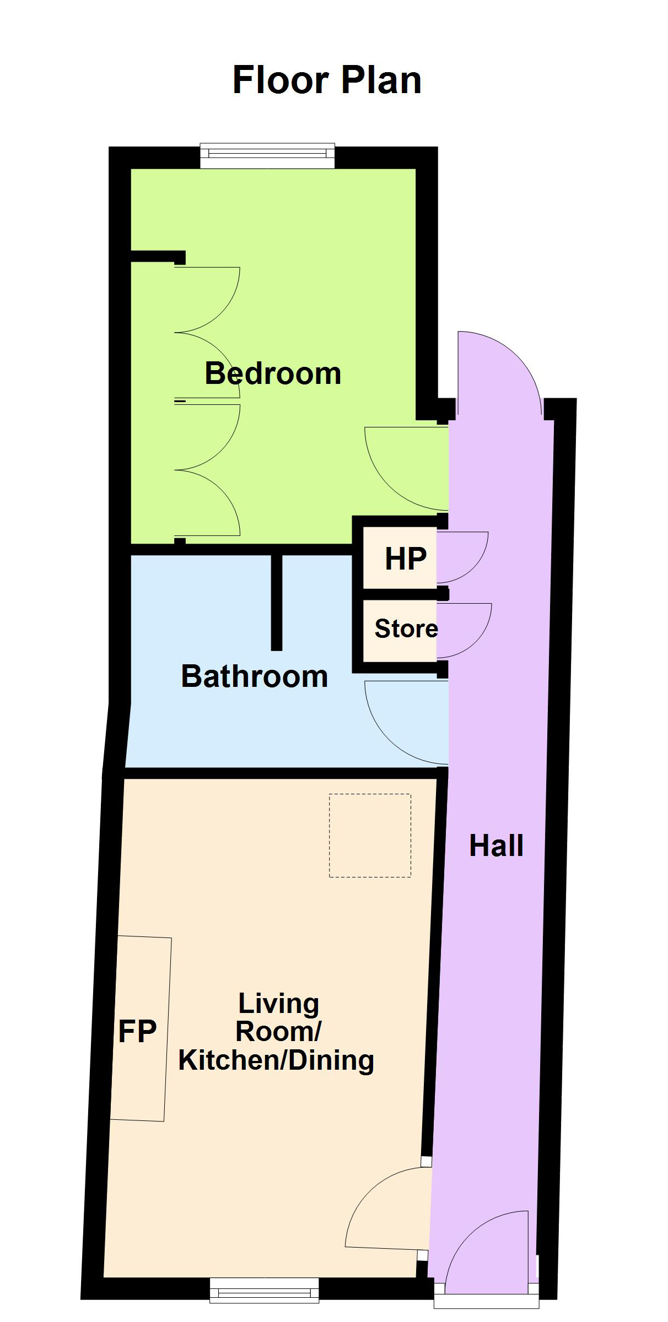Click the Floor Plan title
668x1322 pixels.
[327, 80]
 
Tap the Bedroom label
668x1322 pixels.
[273, 373]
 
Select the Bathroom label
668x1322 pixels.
[255, 676]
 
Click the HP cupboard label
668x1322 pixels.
[406, 559]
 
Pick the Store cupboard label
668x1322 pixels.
[406, 629]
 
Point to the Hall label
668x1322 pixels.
[496, 846]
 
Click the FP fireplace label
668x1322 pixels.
[137, 1031]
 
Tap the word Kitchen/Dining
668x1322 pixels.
[276, 1060]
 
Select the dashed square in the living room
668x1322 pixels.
[370, 835]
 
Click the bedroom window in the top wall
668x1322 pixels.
[267, 156]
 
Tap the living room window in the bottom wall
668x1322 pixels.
[265, 1290]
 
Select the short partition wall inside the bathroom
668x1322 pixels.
[277, 603]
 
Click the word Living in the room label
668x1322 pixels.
[278, 1004]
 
